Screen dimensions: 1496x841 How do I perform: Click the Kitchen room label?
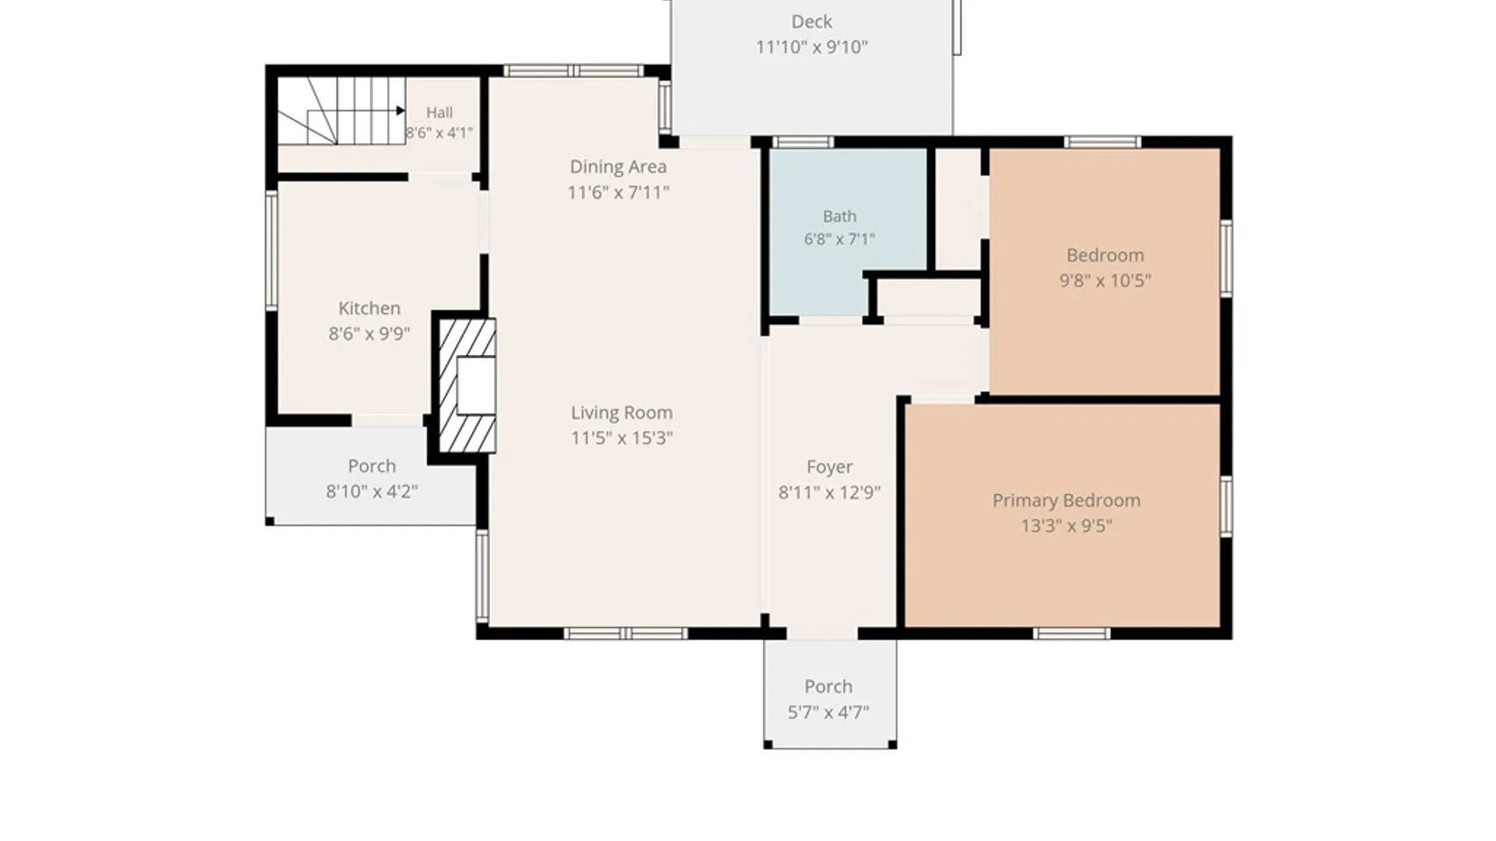pyautogui.click(x=369, y=308)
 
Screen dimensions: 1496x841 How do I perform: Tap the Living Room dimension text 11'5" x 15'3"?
pyautogui.click(x=622, y=438)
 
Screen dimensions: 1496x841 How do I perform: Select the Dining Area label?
pyautogui.click(x=618, y=167)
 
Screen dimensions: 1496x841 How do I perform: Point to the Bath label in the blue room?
pyautogui.click(x=839, y=216)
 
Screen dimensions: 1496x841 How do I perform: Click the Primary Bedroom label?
pyautogui.click(x=1066, y=501)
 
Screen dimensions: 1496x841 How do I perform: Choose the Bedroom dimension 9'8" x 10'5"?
pyautogui.click(x=1105, y=280)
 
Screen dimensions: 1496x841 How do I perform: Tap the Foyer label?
pyautogui.click(x=829, y=467)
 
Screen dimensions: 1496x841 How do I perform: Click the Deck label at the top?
pyautogui.click(x=812, y=22)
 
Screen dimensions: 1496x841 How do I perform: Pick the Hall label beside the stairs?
pyautogui.click(x=439, y=113)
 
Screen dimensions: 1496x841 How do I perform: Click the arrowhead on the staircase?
pyautogui.click(x=400, y=111)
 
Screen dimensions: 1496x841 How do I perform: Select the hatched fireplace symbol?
pyautogui.click(x=467, y=385)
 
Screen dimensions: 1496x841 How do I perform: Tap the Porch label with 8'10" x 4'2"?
pyautogui.click(x=372, y=466)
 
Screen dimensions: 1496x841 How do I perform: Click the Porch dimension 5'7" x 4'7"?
pyautogui.click(x=828, y=712)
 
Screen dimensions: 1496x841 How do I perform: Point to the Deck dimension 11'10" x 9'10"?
pyautogui.click(x=812, y=47)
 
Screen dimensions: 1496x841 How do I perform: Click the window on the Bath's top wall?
pyautogui.click(x=803, y=142)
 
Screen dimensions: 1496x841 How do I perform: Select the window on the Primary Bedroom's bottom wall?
pyautogui.click(x=1071, y=634)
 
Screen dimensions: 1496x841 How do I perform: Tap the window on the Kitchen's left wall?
pyautogui.click(x=271, y=251)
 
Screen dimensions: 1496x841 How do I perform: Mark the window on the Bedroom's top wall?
pyautogui.click(x=1103, y=142)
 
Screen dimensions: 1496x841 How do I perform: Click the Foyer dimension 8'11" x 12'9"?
pyautogui.click(x=829, y=492)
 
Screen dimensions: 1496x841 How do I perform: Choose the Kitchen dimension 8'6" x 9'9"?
pyautogui.click(x=369, y=333)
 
